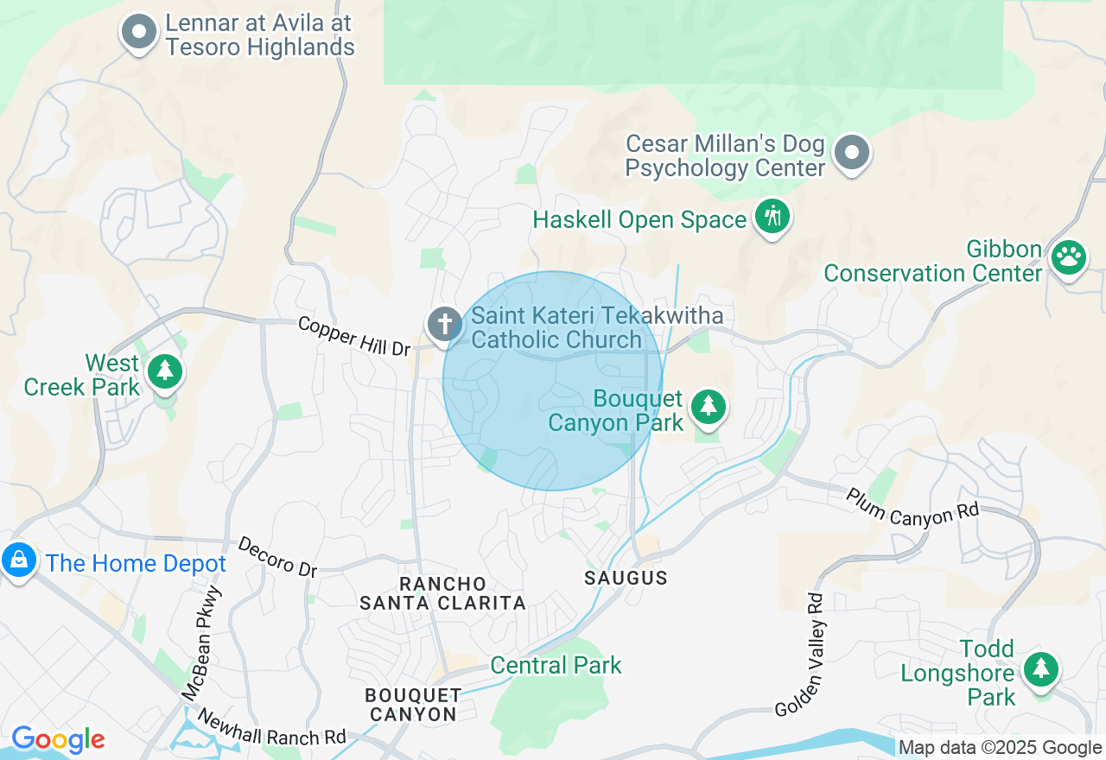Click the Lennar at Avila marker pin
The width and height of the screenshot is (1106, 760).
point(138,33)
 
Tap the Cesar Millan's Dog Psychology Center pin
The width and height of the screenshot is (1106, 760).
point(852,154)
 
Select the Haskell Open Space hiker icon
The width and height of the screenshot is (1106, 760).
point(772,216)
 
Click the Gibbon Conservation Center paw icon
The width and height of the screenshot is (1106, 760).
point(1069,257)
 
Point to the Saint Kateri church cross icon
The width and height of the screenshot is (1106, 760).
point(445,325)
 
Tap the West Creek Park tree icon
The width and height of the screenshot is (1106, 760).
point(164,371)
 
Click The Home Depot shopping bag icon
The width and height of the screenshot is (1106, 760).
point(18,561)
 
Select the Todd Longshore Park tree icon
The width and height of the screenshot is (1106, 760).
point(1041,668)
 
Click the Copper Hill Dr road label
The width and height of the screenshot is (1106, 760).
point(354,336)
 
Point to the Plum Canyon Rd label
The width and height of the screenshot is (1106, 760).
point(912,507)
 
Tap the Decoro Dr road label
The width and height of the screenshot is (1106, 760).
point(277,557)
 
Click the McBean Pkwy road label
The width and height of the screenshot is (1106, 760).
point(202,643)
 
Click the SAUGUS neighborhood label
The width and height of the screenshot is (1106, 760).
point(626,578)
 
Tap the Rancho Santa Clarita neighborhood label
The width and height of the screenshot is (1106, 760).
point(442,593)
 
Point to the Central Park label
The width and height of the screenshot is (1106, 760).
point(556,665)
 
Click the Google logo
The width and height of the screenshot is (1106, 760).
point(58,740)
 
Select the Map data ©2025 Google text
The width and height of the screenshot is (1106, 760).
point(1000,748)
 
